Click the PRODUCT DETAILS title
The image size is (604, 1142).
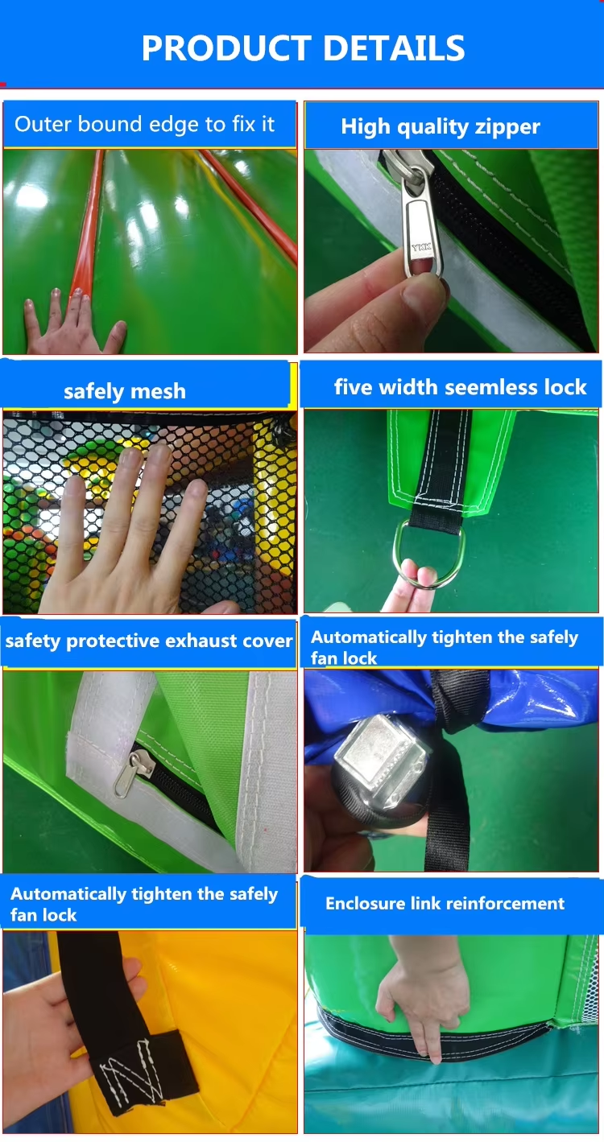point(303,47)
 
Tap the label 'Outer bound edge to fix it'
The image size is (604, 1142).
point(145,125)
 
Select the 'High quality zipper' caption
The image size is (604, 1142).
point(440,126)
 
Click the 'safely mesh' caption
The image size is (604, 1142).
point(124,392)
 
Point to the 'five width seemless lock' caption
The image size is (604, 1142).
point(460,387)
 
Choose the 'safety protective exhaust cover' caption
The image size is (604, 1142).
point(149,641)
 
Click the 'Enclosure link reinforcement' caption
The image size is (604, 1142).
point(445,903)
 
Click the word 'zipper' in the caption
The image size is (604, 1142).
point(507,126)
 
